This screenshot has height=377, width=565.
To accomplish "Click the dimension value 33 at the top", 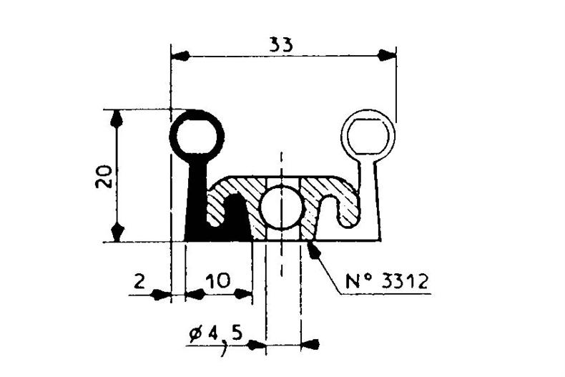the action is click(281, 45).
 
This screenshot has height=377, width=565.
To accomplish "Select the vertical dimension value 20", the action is click(104, 177).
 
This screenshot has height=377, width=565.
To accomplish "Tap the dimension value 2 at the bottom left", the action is click(139, 280).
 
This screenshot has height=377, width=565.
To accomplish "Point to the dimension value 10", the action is click(218, 280).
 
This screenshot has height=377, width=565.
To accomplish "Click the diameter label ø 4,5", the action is click(215, 335).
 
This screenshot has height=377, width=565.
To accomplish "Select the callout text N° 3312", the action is click(387, 281).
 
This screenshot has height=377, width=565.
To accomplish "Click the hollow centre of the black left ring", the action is click(197, 137).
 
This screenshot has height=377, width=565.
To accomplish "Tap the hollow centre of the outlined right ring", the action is click(368, 137).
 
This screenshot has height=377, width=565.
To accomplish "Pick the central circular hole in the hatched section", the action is click(281, 207).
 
